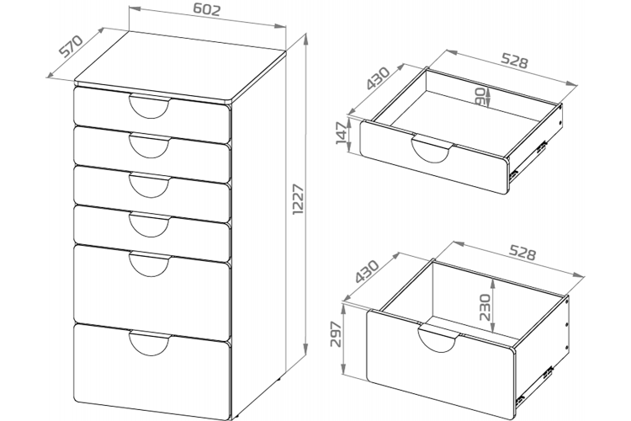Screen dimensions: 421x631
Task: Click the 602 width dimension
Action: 203,11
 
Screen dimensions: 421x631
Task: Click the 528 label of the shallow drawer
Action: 515,62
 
